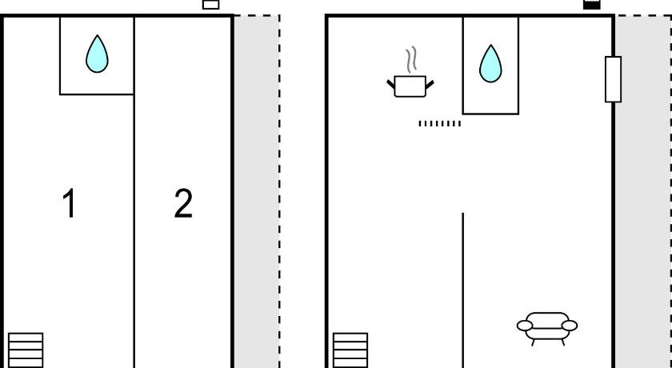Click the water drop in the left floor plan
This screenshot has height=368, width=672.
(x=97, y=54)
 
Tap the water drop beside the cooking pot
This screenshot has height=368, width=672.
(x=490, y=64)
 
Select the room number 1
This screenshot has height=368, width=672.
(x=69, y=203)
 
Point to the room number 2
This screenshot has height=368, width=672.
(x=183, y=203)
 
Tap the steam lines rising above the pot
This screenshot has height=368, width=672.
(x=411, y=59)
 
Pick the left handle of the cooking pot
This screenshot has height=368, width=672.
(x=391, y=84)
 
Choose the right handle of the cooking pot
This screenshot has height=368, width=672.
(x=430, y=84)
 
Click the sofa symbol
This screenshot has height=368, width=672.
(x=547, y=329)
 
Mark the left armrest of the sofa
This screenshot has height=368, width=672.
(x=525, y=326)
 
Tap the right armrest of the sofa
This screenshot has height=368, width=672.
(x=570, y=326)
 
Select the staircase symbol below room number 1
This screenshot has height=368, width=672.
(x=26, y=350)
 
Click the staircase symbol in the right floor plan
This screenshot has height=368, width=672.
(x=350, y=350)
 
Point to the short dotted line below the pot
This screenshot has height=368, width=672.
(x=440, y=124)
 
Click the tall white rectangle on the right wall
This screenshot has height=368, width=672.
(x=614, y=79)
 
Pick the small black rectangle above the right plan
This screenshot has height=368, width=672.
(x=592, y=5)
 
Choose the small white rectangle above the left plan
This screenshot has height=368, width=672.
(x=211, y=5)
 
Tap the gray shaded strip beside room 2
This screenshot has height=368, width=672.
(x=256, y=192)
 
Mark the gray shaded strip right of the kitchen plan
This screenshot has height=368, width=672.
(x=643, y=192)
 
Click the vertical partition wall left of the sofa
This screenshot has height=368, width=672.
(x=463, y=290)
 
